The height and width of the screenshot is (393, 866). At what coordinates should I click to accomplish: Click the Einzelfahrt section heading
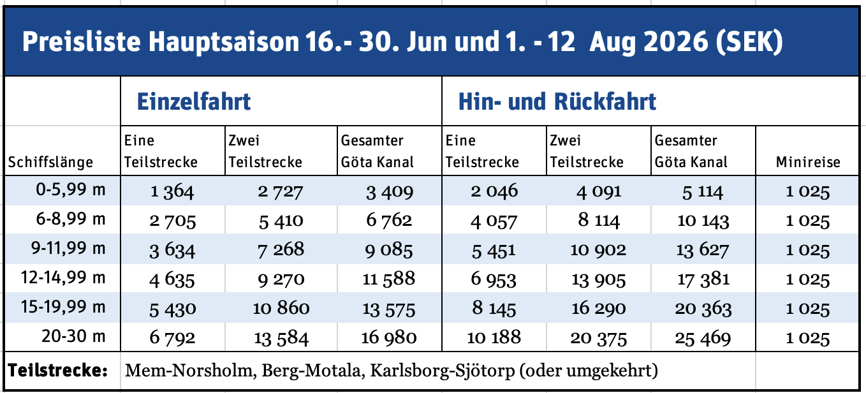pos(194,102)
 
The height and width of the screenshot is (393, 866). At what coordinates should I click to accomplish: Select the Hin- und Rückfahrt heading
pos(557,102)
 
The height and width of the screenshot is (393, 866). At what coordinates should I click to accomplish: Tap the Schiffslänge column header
pos(50,162)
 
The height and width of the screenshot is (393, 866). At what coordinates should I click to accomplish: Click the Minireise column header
pos(808,162)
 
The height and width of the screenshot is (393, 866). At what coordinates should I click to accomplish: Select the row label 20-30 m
pos(77,336)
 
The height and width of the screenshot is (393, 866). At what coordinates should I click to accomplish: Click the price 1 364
pos(172,191)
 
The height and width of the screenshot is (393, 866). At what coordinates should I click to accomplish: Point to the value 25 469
pos(703,338)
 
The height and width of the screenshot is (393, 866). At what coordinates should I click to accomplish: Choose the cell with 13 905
pos(598,279)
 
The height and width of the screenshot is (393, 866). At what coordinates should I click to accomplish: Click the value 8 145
pos(494,309)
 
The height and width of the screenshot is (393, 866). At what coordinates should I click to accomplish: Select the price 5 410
pos(281,221)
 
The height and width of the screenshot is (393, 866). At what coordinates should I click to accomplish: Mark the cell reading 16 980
pos(389,338)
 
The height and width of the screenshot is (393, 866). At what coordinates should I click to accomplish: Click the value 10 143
pos(703,221)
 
